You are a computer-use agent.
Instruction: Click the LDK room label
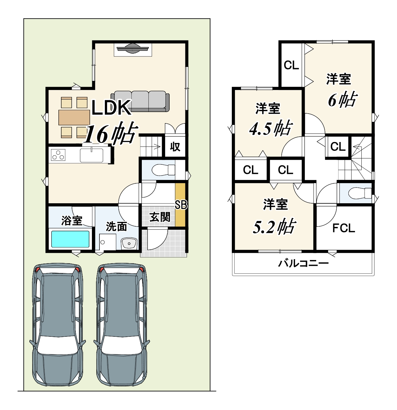click(111, 108)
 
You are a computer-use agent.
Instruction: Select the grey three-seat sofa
click(140, 101)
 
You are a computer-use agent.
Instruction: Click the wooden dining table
click(74, 117)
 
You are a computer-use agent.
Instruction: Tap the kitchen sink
click(92, 155)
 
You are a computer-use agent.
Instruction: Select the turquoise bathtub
click(70, 239)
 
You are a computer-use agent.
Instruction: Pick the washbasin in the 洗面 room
click(129, 244)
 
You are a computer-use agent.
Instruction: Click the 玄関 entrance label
click(159, 217)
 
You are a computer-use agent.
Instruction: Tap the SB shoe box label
click(181, 205)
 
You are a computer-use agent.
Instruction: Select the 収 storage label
click(175, 146)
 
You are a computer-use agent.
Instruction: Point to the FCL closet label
click(344, 228)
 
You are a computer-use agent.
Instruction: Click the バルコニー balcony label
click(303, 263)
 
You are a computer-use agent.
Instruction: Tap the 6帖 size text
click(342, 99)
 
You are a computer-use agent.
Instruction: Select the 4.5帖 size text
click(271, 128)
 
